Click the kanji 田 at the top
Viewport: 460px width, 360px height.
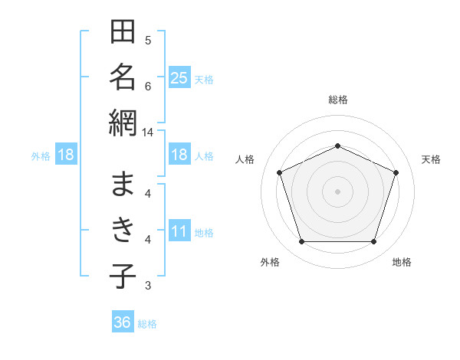tap(123, 31)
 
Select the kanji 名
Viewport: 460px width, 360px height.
tap(123, 77)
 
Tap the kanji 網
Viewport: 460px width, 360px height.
tap(123, 123)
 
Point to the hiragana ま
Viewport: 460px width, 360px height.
tap(123, 184)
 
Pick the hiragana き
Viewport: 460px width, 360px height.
tap(123, 230)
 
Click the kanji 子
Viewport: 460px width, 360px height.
tap(123, 276)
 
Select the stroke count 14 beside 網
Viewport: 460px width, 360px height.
tap(147, 133)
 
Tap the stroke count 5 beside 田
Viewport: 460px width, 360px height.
tap(148, 40)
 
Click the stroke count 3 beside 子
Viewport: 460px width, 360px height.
tap(148, 285)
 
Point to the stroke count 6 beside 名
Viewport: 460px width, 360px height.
tap(148, 87)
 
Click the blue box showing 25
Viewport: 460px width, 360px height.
tap(179, 77)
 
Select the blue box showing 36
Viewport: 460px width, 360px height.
tap(123, 321)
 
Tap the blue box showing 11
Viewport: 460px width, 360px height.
tap(179, 230)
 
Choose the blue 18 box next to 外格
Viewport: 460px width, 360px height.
tap(66, 154)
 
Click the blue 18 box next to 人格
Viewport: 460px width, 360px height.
tap(179, 154)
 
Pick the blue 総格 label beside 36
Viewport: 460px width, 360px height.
tap(147, 324)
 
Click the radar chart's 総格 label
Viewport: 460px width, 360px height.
tap(338, 100)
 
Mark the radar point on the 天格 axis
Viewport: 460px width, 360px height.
tap(396, 172)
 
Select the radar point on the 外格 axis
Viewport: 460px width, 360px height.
tap(302, 241)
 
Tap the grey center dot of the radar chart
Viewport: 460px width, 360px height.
tap(337, 191)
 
